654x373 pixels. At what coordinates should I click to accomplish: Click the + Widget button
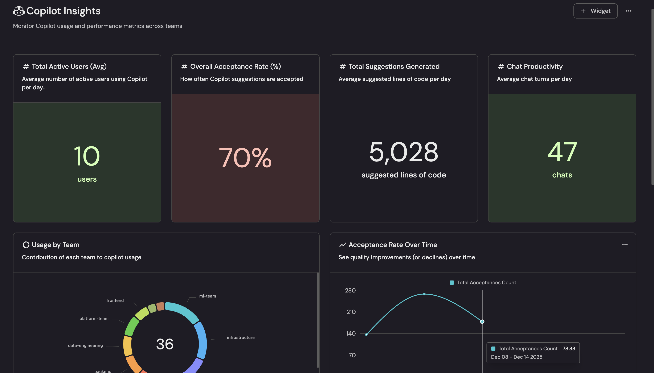[595, 11]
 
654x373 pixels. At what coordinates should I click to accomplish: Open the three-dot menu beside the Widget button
[628, 11]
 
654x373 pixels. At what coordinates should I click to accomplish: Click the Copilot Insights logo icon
[19, 11]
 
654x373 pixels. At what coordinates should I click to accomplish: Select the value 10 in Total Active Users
[87, 156]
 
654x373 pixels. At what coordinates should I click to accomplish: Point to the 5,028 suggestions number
[404, 152]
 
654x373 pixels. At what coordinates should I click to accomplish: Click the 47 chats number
[562, 152]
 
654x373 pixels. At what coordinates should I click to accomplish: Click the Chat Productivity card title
[534, 67]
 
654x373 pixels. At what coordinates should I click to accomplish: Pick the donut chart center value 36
[165, 344]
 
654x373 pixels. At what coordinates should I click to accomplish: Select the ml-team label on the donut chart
[208, 296]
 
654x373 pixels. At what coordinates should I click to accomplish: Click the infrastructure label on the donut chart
[241, 338]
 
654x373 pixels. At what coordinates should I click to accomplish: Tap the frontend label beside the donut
[115, 300]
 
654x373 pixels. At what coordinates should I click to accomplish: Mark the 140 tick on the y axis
[351, 333]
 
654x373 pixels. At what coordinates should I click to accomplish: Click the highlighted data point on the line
[482, 321]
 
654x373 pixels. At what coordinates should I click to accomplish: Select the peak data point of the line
[424, 294]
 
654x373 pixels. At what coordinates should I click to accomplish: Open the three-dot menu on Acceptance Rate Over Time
[625, 245]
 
